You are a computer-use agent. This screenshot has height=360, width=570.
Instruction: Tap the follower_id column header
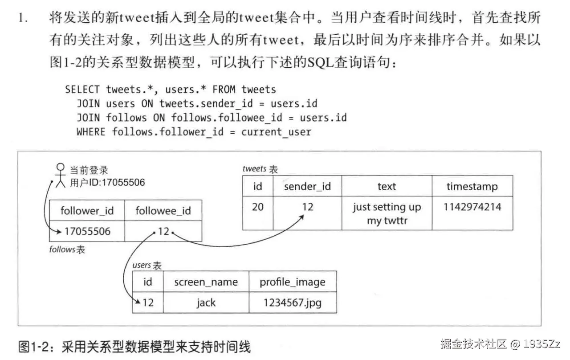[x=87, y=210]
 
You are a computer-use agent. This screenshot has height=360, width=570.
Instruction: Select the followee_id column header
[x=163, y=210]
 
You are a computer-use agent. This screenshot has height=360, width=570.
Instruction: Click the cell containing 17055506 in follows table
[x=87, y=231]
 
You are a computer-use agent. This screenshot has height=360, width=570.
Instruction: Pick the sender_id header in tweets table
[x=307, y=186]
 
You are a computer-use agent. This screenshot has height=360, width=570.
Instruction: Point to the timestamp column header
[x=472, y=186]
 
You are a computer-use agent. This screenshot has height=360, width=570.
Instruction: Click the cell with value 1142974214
[x=472, y=207]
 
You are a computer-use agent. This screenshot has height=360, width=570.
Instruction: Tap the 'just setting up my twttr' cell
[x=387, y=213]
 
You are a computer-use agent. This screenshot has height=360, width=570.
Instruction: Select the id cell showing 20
[x=257, y=207]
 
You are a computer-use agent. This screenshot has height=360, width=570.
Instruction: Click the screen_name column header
[x=206, y=282]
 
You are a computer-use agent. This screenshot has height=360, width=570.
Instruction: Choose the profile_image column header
[x=292, y=282]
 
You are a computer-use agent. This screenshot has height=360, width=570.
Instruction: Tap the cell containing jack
[x=206, y=303]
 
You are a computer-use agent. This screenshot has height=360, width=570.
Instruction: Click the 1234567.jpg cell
[x=292, y=303]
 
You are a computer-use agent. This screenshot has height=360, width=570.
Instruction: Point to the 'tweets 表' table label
[x=260, y=169]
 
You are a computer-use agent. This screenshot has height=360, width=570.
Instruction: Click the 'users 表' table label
[x=147, y=265]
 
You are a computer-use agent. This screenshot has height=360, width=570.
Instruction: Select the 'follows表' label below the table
[x=67, y=250]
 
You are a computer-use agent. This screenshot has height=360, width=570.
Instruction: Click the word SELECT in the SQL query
[x=82, y=89]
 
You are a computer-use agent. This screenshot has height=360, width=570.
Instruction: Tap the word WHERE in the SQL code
[x=91, y=131]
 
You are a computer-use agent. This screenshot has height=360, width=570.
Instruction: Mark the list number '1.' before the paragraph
[x=23, y=18]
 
